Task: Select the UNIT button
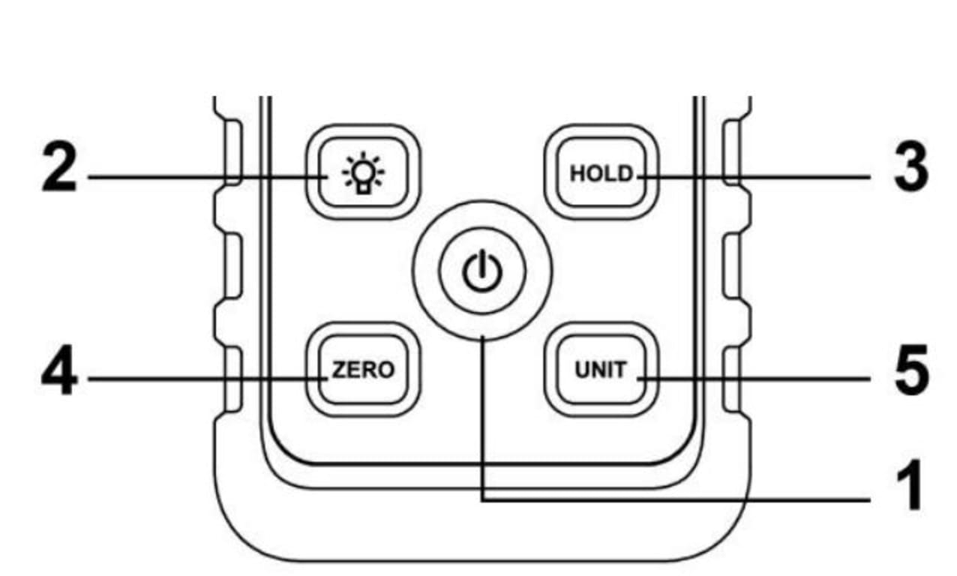click(601, 370)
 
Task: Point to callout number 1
click(909, 487)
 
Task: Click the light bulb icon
click(363, 174)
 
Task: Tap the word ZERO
click(363, 370)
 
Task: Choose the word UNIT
click(600, 370)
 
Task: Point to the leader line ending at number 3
click(750, 178)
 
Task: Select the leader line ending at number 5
click(750, 379)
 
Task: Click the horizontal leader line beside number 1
click(675, 499)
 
